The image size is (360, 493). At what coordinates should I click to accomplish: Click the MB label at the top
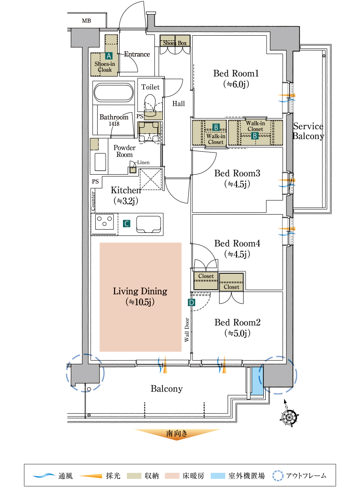[86, 21]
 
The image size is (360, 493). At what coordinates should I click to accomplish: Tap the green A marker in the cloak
[109, 55]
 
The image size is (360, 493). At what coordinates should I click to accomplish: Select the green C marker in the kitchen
[126, 224]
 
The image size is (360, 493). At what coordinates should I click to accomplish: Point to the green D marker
[191, 303]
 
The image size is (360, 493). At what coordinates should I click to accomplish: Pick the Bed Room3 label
[237, 174]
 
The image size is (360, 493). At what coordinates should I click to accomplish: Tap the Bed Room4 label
[237, 243]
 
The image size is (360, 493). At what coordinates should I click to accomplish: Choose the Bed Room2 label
[237, 323]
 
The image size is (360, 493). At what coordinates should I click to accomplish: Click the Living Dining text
[140, 291]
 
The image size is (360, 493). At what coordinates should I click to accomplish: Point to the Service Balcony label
[308, 131]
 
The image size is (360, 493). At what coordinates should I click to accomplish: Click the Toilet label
[151, 87]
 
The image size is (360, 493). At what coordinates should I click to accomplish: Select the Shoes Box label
[175, 43]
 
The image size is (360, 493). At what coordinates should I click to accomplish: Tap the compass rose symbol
[290, 416]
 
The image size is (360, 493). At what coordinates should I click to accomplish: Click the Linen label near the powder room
[143, 162]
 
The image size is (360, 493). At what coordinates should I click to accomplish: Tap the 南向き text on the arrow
[177, 434]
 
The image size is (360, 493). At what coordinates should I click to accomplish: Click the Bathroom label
[114, 117]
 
